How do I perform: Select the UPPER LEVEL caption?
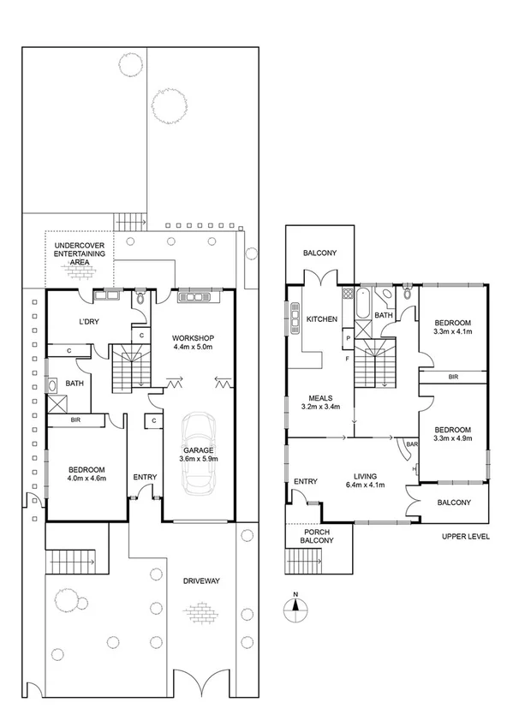click(x=466, y=537)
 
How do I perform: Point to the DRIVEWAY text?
click(x=202, y=581)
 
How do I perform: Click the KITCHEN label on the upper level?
click(x=322, y=319)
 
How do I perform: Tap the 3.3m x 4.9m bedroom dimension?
click(x=453, y=440)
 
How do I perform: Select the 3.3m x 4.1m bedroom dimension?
click(x=453, y=332)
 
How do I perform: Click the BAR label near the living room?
click(x=411, y=445)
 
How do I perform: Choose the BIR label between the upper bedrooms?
click(x=452, y=377)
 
